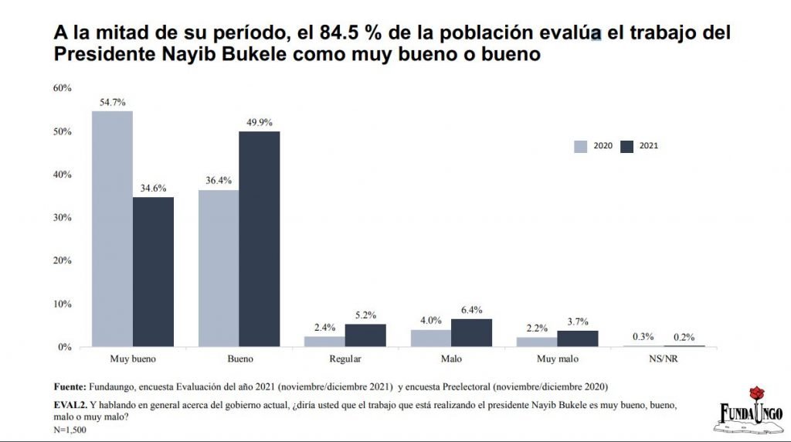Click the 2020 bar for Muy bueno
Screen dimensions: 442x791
(x=112, y=229)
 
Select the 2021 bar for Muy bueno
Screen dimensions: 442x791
(x=153, y=272)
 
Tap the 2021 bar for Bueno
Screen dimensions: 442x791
(x=259, y=239)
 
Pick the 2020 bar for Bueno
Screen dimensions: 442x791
(x=219, y=268)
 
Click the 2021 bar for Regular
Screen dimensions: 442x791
(x=365, y=335)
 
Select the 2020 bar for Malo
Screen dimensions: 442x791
(x=431, y=338)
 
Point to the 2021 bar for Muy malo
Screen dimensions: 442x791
(x=577, y=338)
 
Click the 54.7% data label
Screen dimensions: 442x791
(x=112, y=102)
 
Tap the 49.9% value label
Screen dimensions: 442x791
(x=259, y=122)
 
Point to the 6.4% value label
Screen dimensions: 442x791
(x=471, y=310)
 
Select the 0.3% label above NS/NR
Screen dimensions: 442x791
(x=643, y=336)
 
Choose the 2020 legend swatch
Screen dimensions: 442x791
(x=581, y=145)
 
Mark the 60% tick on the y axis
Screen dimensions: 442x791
(x=62, y=88)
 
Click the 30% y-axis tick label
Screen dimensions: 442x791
(x=62, y=218)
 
